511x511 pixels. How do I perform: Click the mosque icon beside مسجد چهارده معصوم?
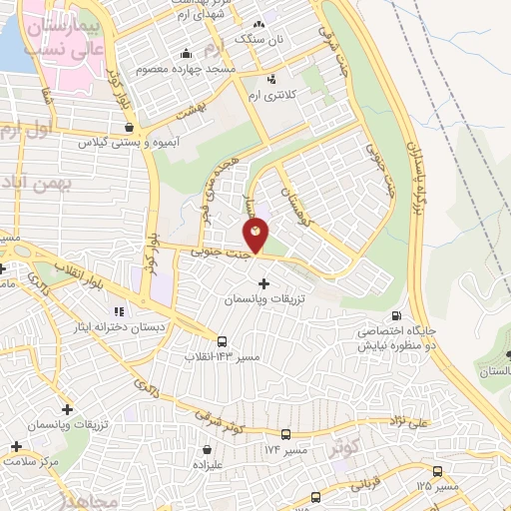pos(187,54)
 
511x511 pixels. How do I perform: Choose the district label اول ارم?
pos(22,128)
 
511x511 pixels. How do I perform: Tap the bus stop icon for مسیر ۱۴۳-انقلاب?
pos(221,340)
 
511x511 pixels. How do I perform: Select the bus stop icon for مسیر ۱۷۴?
pos(286,435)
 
